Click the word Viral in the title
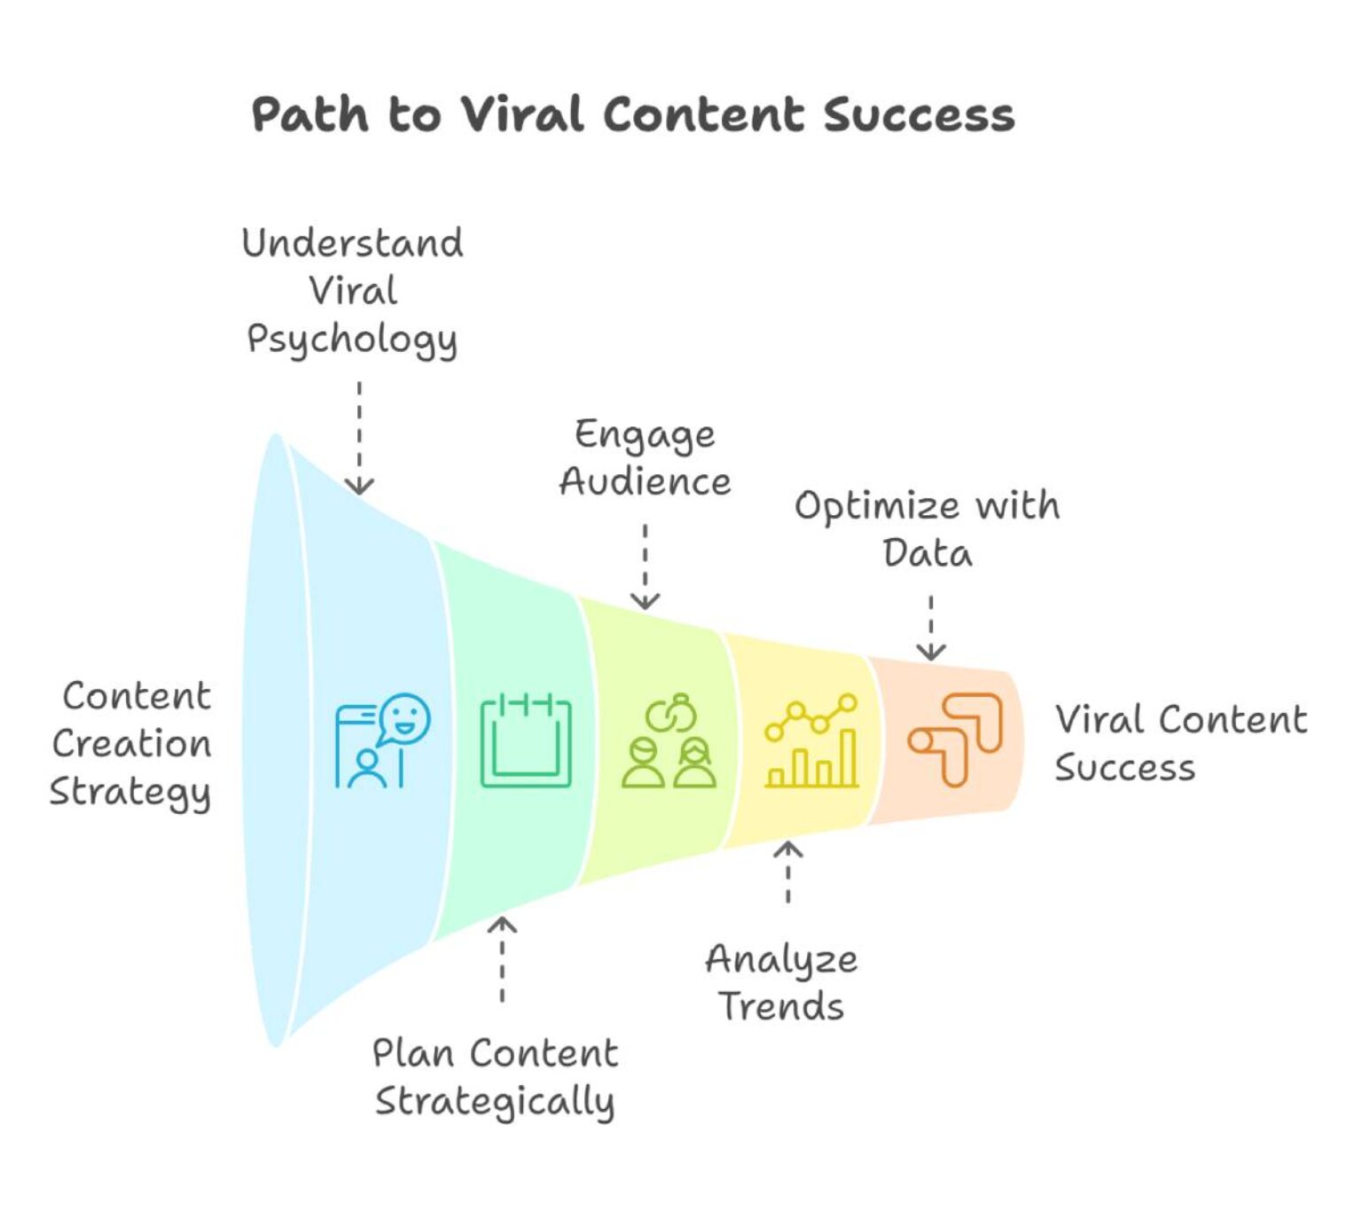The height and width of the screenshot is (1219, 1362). [x=522, y=115]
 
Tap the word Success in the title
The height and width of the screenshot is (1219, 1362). [x=919, y=115]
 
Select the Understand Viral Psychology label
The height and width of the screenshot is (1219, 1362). [x=352, y=291]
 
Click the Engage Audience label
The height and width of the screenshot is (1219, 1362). [x=645, y=457]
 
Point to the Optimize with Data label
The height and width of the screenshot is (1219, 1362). [x=927, y=529]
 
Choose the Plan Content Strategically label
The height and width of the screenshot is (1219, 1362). [x=494, y=1077]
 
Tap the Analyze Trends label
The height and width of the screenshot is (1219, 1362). [x=781, y=982]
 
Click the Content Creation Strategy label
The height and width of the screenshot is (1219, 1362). [x=132, y=744]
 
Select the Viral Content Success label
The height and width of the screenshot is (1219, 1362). [x=1179, y=743]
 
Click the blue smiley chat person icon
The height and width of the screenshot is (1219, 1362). [x=382, y=741]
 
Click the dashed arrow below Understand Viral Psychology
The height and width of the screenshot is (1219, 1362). [x=359, y=438]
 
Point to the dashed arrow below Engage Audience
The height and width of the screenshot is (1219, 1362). [x=645, y=567]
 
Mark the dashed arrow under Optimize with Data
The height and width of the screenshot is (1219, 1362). [x=930, y=628]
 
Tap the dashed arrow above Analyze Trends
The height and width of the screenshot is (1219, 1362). [x=787, y=872]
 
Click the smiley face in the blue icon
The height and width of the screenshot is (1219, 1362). [x=405, y=718]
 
